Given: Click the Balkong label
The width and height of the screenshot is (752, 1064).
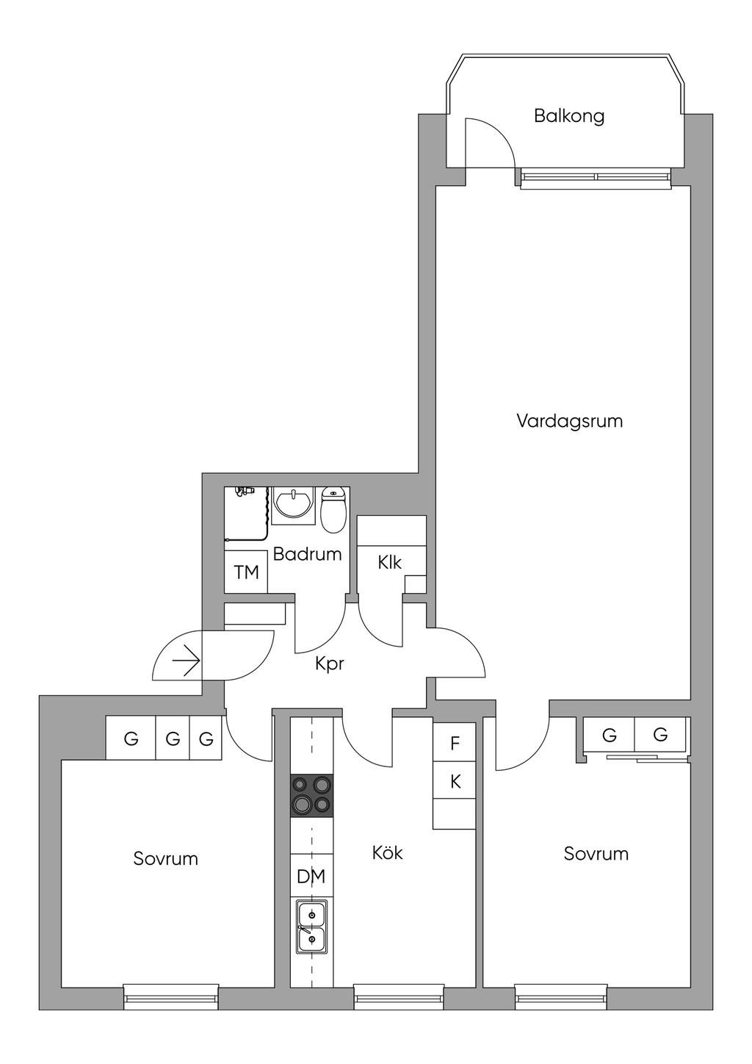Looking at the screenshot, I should click(x=569, y=116).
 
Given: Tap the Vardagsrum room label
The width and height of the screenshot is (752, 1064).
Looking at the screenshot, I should click(x=569, y=421).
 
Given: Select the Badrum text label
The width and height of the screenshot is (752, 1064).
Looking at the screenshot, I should click(x=307, y=554).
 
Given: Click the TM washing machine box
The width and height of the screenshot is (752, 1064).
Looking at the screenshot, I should click(x=246, y=572).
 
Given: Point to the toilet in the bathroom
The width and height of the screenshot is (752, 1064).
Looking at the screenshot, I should click(x=333, y=509).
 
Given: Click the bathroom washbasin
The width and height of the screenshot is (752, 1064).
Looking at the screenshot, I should click(x=293, y=505).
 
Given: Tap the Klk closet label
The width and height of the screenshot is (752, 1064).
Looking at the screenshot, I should click(x=389, y=563).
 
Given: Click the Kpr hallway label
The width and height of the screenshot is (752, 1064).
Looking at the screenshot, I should click(x=329, y=664).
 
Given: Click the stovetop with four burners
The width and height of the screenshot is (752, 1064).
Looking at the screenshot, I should click(x=312, y=796).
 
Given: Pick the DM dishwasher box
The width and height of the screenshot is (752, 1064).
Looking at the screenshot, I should click(x=311, y=876).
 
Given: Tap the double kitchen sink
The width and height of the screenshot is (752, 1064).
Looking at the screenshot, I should click(x=311, y=927).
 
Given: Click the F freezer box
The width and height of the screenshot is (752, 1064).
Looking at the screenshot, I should click(x=455, y=743).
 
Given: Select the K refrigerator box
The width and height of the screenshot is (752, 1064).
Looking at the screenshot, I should click(x=455, y=782).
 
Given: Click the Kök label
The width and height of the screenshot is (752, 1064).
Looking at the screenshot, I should click(x=387, y=853).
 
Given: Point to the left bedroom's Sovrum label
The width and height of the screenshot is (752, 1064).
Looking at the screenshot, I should click(x=165, y=858).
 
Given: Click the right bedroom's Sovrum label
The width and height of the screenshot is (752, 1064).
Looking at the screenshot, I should click(x=596, y=854).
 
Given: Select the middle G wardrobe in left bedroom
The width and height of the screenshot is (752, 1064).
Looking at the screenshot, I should click(x=173, y=738).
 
